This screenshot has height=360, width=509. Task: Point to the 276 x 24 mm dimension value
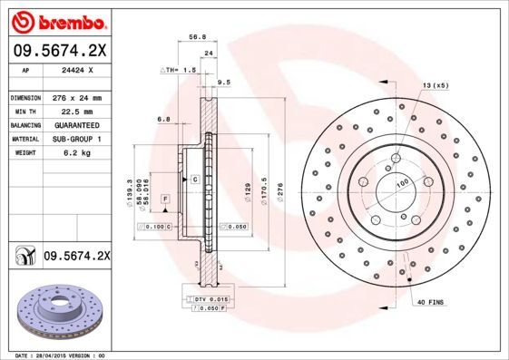pos(76,97)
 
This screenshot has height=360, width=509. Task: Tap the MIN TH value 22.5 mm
pos(76,111)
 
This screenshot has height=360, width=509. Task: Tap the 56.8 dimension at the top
pos(194,38)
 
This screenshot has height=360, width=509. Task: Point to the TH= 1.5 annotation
pos(180,69)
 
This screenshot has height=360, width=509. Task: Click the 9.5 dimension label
pos(224,82)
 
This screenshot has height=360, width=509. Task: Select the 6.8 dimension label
pos(164,119)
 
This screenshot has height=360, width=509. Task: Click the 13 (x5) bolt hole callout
pos(435,85)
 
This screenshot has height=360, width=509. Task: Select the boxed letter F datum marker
pos(166,198)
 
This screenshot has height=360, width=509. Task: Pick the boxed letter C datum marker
pos(195,180)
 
